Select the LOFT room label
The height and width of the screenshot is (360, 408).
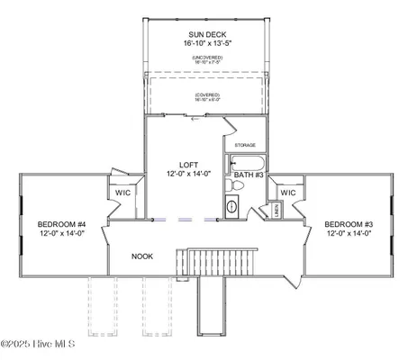click(187, 165)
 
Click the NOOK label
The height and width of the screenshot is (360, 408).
click(142, 256)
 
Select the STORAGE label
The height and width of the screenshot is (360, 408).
click(245, 145)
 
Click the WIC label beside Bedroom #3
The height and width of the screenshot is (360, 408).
click(288, 193)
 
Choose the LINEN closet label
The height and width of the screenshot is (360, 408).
click(276, 210)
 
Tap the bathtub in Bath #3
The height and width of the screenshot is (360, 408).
click(246, 163)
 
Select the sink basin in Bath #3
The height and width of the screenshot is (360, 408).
click(231, 206)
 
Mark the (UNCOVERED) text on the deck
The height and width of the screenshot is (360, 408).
click(207, 57)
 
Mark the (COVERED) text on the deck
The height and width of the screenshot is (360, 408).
click(207, 94)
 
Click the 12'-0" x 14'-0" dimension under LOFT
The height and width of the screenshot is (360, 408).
click(187, 174)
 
